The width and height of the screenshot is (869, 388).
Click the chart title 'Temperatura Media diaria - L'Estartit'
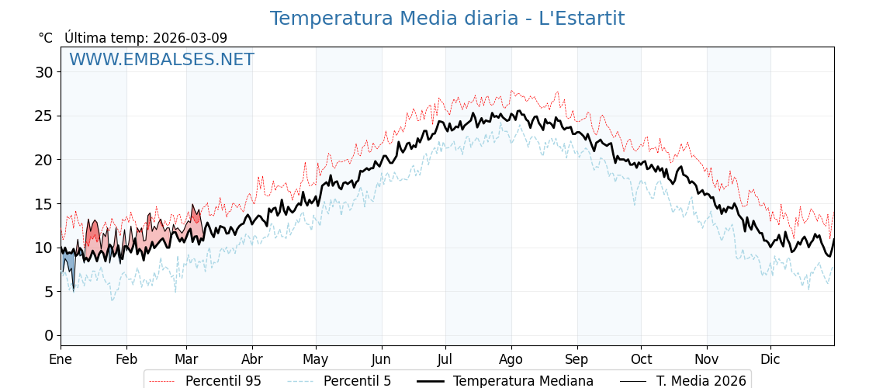[x=447, y=19]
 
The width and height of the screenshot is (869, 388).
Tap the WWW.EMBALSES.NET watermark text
[x=161, y=60]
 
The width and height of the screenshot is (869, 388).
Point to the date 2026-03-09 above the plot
[x=190, y=38]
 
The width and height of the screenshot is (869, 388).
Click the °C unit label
[x=45, y=38]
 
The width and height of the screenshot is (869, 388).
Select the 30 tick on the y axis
[x=44, y=72]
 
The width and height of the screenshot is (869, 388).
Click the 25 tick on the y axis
[x=44, y=116]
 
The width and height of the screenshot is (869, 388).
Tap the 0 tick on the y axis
[x=48, y=336]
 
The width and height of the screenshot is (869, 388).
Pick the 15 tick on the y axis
[x=44, y=204]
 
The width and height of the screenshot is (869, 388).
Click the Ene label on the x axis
[x=61, y=359]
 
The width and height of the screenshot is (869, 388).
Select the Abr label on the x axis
[x=252, y=359]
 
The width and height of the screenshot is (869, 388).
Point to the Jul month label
[x=445, y=359]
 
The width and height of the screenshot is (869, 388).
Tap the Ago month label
[x=511, y=359]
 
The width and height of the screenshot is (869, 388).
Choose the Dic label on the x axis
[x=770, y=359]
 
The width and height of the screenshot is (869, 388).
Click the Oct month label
[x=641, y=359]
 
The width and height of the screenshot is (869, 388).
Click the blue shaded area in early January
[x=68, y=260]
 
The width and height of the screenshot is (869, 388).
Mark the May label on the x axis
[x=316, y=359]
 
